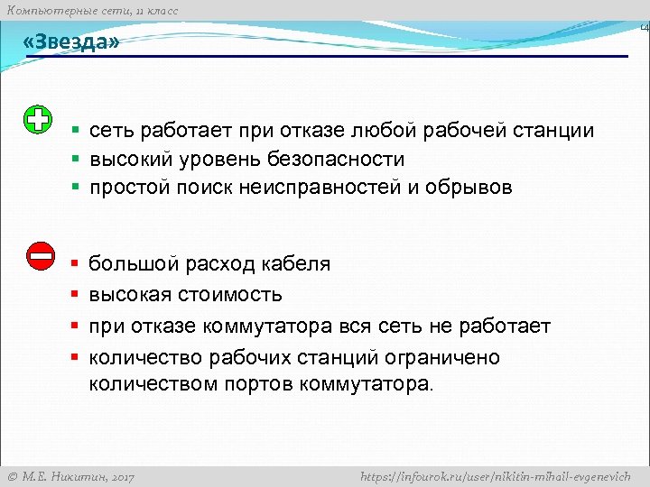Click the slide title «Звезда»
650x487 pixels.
pos(72,42)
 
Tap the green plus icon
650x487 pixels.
pos(38,121)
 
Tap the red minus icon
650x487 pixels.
pos(41,256)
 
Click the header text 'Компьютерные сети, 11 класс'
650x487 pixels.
pos(92,10)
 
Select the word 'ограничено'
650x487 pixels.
pos(448,358)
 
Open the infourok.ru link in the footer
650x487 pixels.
pos(495,476)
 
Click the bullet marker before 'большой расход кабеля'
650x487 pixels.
pos(76,264)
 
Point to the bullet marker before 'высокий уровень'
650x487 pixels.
pos(76,160)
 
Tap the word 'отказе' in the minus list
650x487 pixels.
pos(163,326)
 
